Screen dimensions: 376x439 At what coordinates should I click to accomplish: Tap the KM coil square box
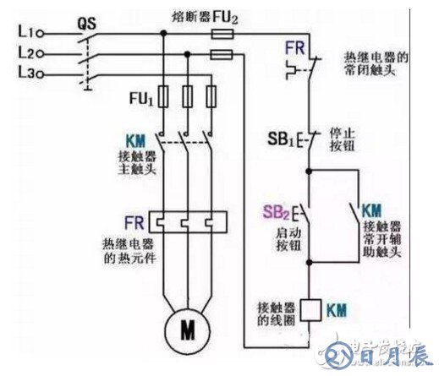[x=310, y=308]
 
